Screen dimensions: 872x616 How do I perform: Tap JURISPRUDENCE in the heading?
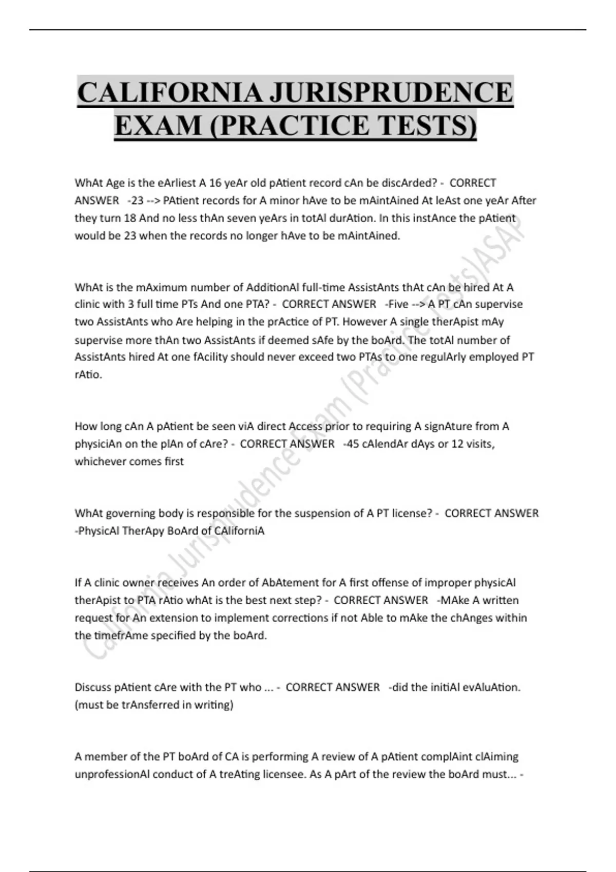coord(391,93)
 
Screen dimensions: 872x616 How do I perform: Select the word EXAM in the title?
coord(159,125)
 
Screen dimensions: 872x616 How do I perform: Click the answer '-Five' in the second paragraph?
coord(396,304)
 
